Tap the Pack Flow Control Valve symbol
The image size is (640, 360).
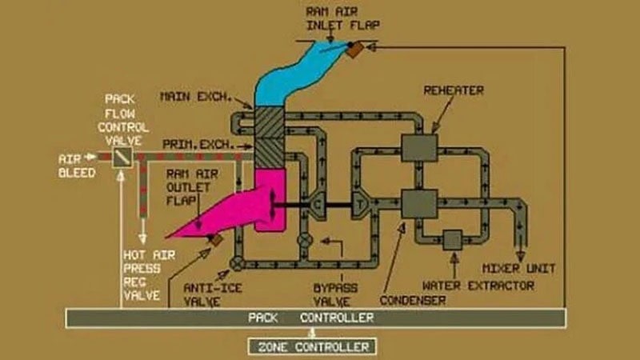122,157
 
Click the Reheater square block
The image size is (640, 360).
419,147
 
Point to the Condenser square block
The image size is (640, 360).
419,202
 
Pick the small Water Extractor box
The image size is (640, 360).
453,239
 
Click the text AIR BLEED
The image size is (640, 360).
78,166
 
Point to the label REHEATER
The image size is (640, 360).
454,90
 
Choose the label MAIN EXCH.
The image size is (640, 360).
195,97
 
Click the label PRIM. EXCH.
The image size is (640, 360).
197,144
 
